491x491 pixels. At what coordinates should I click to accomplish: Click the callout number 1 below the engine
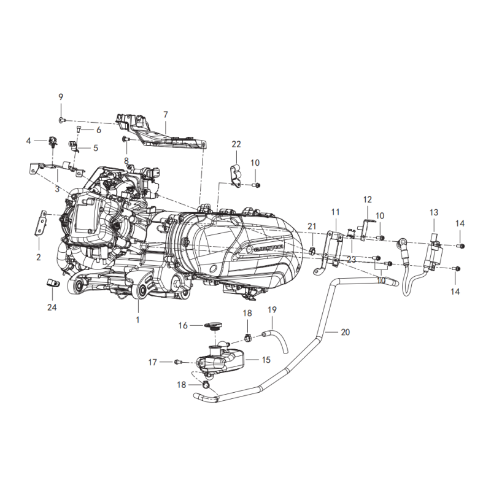point(137,320)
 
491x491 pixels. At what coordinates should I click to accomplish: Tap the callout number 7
point(165,114)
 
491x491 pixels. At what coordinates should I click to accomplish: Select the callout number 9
point(61,98)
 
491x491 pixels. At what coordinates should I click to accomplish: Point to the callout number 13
point(434,212)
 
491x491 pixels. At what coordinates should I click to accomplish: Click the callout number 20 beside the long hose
point(345,332)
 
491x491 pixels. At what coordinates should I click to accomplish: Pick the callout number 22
point(236,144)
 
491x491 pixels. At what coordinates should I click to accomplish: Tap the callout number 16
point(183,326)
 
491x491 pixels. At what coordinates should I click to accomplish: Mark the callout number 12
point(368,199)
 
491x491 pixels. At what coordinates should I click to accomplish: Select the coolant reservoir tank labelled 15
point(221,360)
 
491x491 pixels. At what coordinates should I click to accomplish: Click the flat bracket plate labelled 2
point(41,222)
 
